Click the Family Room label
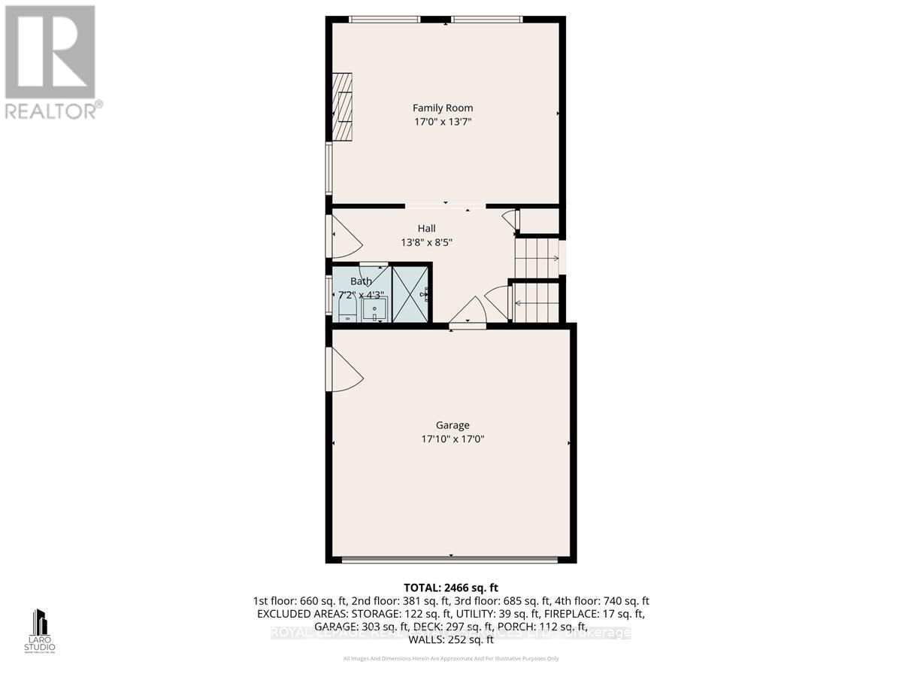(x=442, y=108)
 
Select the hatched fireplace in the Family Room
(x=343, y=106)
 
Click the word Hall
(x=426, y=229)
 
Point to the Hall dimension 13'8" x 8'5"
(x=426, y=242)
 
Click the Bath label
(x=361, y=281)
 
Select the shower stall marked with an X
(x=410, y=293)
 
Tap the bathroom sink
(x=374, y=308)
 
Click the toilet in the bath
(x=347, y=308)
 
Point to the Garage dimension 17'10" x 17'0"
(x=452, y=439)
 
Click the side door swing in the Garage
(x=344, y=369)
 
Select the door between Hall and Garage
(x=468, y=312)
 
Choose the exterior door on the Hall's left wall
(x=344, y=236)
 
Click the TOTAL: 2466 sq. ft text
(x=451, y=587)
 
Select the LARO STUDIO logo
(x=40, y=631)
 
